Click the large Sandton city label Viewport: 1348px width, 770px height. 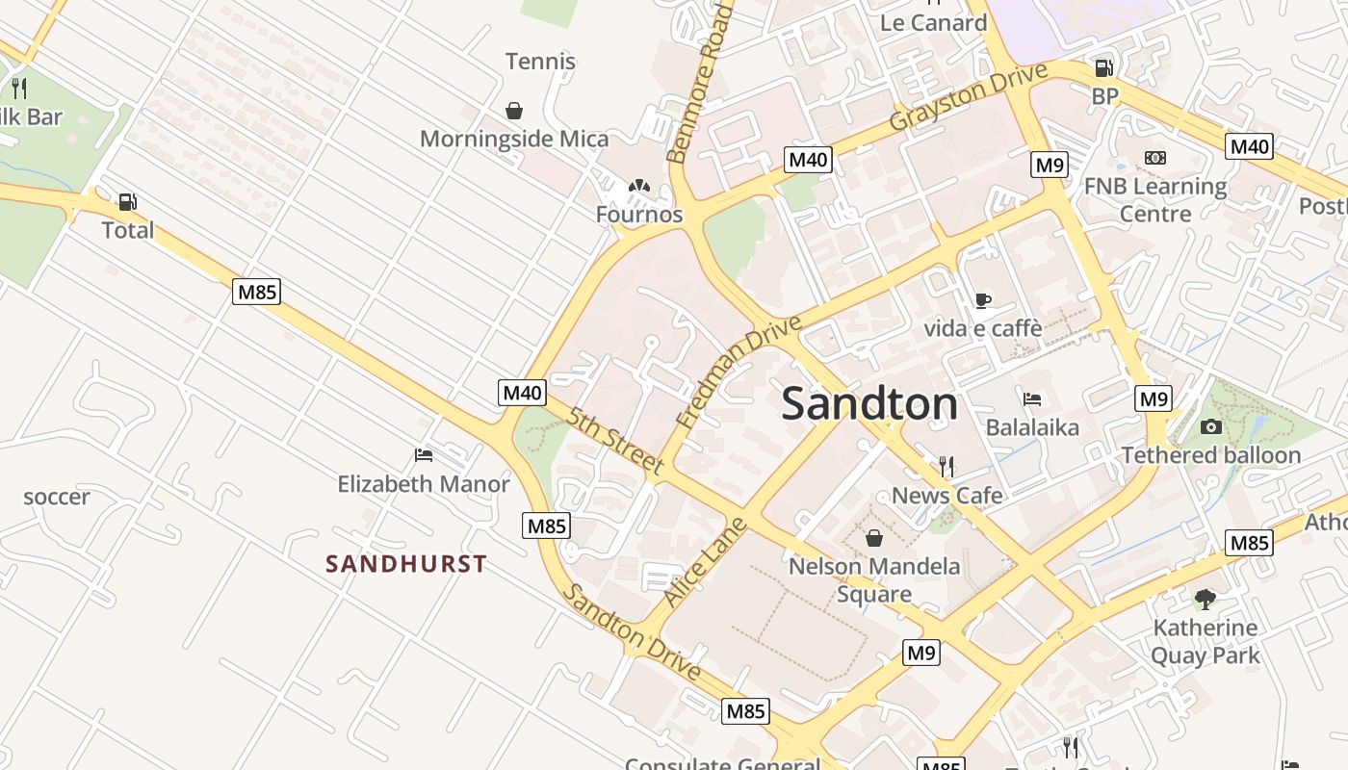[869, 403]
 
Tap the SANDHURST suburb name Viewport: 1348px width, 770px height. [406, 564]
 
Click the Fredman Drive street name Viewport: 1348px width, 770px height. [739, 372]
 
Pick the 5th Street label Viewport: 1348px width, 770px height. [615, 442]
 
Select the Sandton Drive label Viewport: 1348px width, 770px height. [632, 632]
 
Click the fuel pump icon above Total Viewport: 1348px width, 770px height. [127, 202]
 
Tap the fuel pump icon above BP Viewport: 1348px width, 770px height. [1104, 68]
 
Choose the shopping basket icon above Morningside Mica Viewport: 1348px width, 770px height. [514, 111]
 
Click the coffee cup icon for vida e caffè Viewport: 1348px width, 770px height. [982, 301]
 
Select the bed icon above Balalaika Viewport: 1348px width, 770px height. [1032, 398]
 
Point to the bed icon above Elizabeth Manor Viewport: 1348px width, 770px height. [423, 454]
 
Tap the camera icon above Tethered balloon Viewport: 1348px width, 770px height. [1211, 426]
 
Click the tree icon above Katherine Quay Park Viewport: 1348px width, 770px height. [1205, 600]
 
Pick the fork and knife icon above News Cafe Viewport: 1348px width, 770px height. [946, 467]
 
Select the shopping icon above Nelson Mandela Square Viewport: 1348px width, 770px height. [874, 537]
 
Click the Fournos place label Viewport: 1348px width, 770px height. [639, 215]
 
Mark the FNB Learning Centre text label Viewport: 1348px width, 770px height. [1155, 199]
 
